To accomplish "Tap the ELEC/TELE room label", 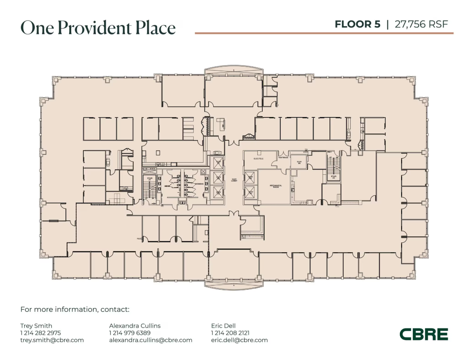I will point(259,159).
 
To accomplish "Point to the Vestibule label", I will point(283,158).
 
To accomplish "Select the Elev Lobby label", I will point(234,180).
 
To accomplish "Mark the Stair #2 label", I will point(333,176).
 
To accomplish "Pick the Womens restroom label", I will point(198,184).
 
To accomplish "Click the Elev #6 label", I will point(299,162).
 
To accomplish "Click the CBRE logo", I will point(424,334).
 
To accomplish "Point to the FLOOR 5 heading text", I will point(357,24).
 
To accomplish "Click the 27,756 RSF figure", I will point(421,24).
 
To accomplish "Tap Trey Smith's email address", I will point(52,340).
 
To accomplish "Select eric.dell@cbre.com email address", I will point(239,340).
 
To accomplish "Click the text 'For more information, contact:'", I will point(75,310).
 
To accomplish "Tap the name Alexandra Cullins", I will point(135,326).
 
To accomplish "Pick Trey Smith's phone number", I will point(40,333).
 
